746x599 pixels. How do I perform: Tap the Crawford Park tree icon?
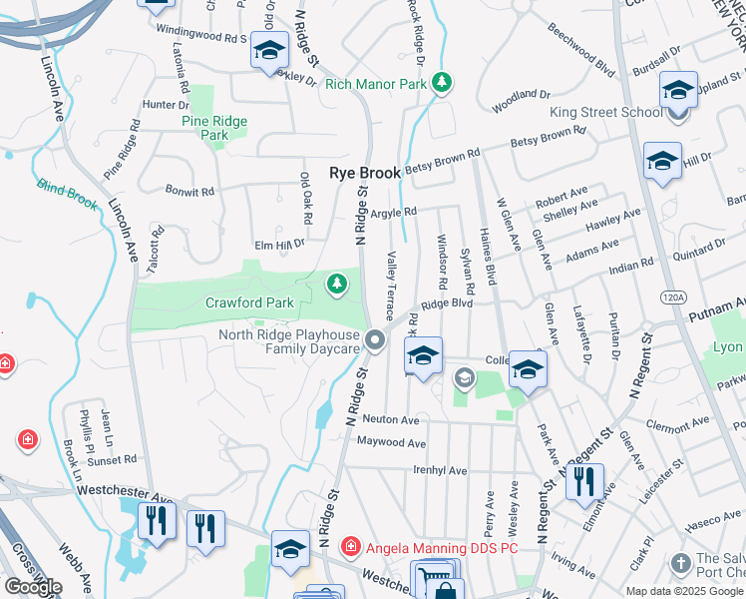pyautogui.click(x=337, y=286)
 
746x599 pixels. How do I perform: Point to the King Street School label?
pyautogui.click(x=606, y=112)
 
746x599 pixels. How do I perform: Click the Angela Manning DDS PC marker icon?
pyautogui.click(x=349, y=547)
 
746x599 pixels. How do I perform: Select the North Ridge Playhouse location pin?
pyautogui.click(x=376, y=341)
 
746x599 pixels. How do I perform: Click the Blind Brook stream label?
pyautogui.click(x=68, y=193)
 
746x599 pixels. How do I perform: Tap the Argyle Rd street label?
pyautogui.click(x=392, y=212)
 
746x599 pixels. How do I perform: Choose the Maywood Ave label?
pyautogui.click(x=391, y=442)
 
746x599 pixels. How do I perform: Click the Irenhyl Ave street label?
pyautogui.click(x=440, y=470)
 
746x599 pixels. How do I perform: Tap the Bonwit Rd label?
pyautogui.click(x=189, y=191)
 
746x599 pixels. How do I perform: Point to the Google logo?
pyautogui.click(x=32, y=587)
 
